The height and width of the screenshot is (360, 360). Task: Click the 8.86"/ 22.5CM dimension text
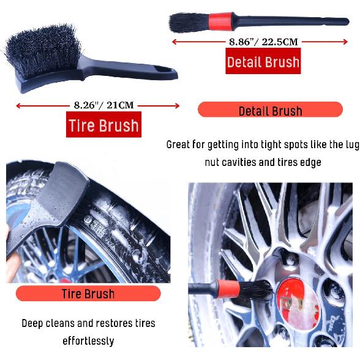pos(263,42)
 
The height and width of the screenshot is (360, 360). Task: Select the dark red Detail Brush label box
pos(263,62)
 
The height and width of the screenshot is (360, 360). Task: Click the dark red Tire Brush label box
pos(103,126)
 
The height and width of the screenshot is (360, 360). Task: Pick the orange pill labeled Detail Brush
pos(270,110)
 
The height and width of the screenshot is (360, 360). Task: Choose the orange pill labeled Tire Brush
pos(88,293)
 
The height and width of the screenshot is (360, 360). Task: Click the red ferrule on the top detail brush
pos(219,23)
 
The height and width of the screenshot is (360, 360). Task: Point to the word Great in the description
pos(179,145)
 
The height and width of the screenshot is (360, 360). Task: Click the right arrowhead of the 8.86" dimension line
pos(345,42)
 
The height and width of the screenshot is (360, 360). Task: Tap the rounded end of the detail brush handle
pos(345,22)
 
